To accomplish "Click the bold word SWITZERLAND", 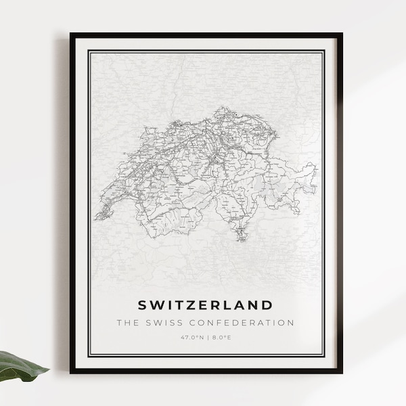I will click(206, 304).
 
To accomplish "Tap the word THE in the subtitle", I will click(127, 323).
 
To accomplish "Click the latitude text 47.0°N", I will click(192, 337).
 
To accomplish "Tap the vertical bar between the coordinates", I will click(206, 337).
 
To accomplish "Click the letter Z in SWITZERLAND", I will click(192, 304).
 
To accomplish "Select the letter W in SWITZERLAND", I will click(156, 304).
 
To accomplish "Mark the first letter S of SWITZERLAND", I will click(142, 304).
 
